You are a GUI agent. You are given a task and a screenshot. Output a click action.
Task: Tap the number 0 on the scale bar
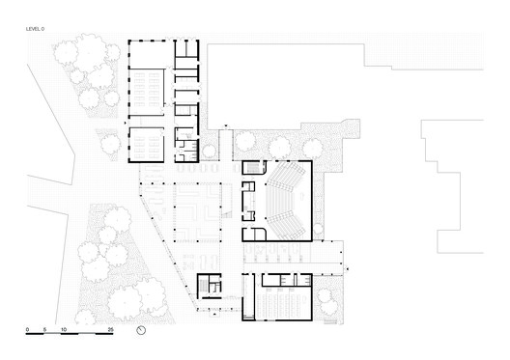click(28, 330)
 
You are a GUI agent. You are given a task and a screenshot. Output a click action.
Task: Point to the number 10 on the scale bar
click(65, 330)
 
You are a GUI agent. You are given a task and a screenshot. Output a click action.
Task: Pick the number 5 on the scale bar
click(44, 330)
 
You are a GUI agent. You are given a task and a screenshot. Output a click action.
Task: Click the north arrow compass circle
click(142, 331)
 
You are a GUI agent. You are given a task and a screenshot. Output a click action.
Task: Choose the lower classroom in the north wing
click(148, 143)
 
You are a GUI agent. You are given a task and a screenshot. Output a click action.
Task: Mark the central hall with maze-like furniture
click(201, 207)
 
